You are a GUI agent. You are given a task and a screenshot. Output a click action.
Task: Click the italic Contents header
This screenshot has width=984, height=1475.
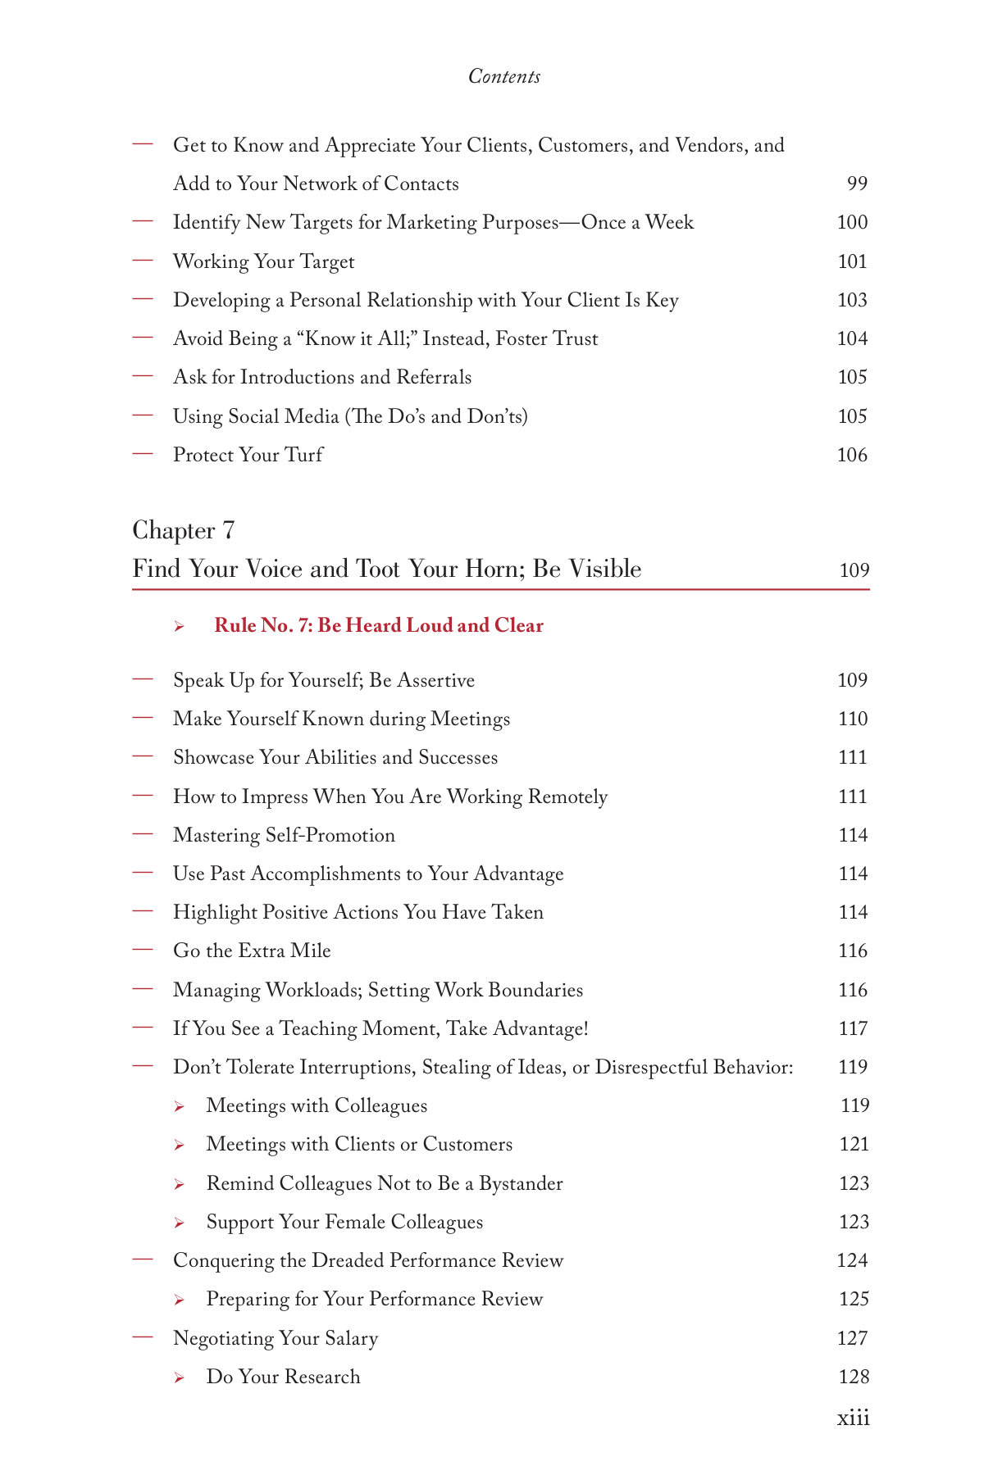(503, 76)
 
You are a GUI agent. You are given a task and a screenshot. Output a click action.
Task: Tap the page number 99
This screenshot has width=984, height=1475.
(856, 184)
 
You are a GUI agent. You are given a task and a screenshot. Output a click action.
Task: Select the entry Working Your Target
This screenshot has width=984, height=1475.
(263, 261)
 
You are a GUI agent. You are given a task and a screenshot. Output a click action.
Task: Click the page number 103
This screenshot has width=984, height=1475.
(852, 300)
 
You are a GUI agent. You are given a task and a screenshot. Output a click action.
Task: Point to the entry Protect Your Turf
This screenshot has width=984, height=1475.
(248, 455)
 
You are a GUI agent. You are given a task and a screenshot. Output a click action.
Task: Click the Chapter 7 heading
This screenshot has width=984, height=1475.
(184, 530)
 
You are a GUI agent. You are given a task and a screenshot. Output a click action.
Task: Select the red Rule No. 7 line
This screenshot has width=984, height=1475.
(378, 626)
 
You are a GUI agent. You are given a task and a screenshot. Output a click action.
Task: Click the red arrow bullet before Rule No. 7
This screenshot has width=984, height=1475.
(179, 627)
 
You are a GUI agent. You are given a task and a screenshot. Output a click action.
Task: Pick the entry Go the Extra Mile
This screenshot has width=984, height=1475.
(252, 951)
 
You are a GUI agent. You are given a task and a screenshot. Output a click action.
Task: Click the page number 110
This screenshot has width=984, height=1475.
(853, 719)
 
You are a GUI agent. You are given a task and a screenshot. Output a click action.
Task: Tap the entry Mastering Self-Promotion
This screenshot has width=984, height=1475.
(284, 835)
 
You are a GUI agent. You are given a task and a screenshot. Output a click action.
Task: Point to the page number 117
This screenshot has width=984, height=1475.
(853, 1028)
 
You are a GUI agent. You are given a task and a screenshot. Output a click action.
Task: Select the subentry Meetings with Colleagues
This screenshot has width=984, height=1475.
(317, 1105)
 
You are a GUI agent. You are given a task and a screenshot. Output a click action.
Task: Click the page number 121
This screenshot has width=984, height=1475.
(854, 1144)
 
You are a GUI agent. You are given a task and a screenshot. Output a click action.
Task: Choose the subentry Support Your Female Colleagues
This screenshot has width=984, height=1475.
(344, 1222)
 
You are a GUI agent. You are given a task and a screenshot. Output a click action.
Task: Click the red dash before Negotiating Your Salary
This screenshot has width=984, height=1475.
(143, 1337)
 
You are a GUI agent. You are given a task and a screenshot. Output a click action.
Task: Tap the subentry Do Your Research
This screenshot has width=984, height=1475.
(283, 1377)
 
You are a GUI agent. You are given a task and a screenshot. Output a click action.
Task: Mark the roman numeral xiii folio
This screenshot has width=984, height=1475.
(853, 1418)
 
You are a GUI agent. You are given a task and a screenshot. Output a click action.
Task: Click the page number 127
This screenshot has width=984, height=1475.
(853, 1338)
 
